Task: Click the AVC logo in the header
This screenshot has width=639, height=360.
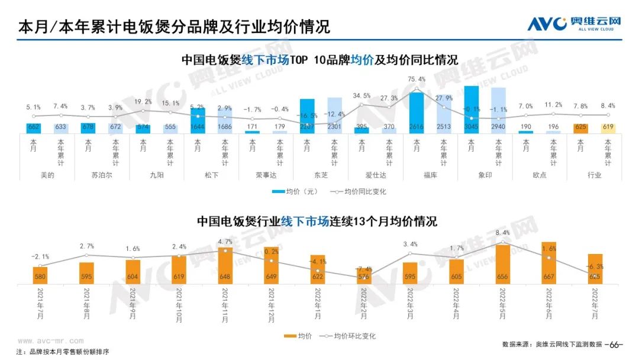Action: pyautogui.click(x=575, y=24)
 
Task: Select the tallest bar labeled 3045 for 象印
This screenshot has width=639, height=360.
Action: pyautogui.click(x=472, y=110)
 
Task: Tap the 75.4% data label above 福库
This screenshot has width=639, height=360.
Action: pyautogui.click(x=417, y=79)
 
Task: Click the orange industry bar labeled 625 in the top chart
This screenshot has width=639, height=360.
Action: pyautogui.click(x=581, y=128)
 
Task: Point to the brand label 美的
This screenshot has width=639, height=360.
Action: pyautogui.click(x=47, y=175)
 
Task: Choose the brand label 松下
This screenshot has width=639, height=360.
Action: pyautogui.click(x=211, y=175)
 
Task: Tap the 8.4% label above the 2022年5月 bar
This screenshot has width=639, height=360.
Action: pyautogui.click(x=502, y=233)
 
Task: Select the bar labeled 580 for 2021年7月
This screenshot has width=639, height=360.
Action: pyautogui.click(x=40, y=275)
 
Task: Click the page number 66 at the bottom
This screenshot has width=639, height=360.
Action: pyautogui.click(x=616, y=345)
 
